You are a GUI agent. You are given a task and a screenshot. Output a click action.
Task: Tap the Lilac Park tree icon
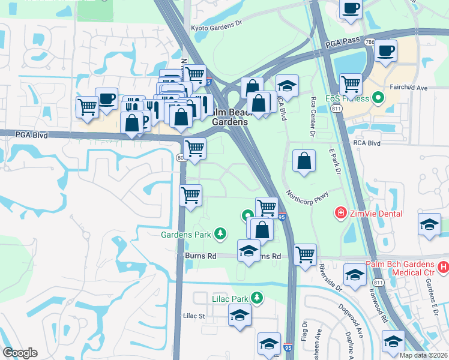258,298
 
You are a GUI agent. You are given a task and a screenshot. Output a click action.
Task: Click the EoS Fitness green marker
378,97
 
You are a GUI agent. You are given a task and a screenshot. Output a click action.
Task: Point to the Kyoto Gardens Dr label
215,27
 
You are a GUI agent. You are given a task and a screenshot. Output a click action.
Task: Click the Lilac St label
194,315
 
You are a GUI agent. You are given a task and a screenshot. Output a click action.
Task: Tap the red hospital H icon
444,266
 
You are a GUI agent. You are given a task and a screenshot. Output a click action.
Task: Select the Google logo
20,353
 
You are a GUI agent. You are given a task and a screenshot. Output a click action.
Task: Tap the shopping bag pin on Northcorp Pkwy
304,161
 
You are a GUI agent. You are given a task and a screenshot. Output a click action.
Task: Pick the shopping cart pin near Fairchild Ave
351,84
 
